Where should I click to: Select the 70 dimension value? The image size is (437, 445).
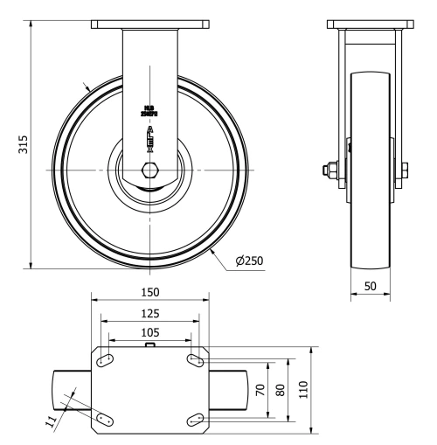(260, 389)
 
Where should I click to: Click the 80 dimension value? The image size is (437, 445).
(281, 389)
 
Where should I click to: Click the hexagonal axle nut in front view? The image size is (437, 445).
(149, 169)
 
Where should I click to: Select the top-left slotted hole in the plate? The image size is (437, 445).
(105, 360)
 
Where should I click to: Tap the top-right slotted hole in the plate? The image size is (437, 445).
(194, 360)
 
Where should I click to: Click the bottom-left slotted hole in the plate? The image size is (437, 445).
(105, 419)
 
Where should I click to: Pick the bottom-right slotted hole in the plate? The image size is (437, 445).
(194, 419)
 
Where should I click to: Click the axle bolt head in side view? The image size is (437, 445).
(334, 169)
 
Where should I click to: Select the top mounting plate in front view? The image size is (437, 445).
(149, 24)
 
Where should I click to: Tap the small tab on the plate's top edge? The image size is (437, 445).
(149, 345)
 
